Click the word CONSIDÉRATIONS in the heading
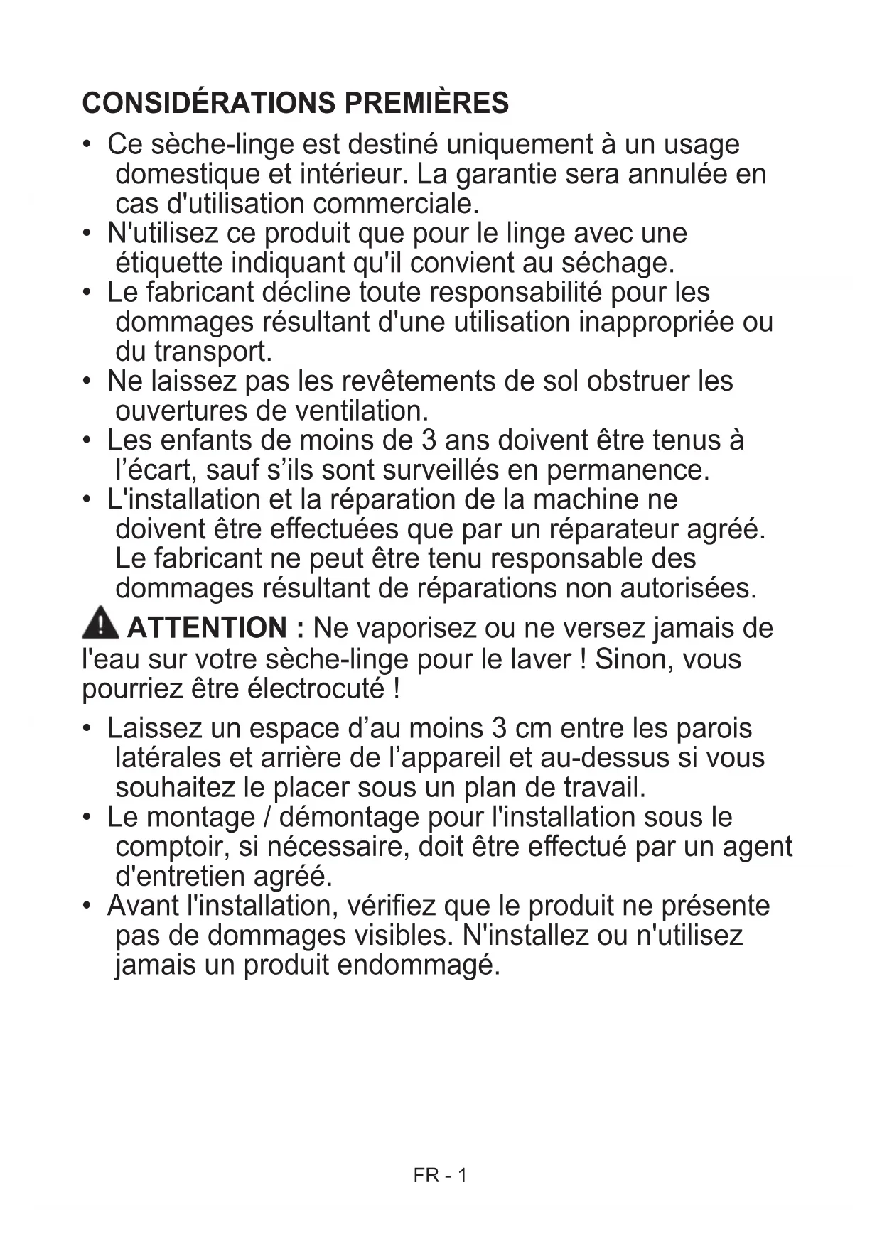point(208,103)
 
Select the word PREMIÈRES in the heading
point(426,103)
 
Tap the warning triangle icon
point(100,623)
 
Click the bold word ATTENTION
point(207,628)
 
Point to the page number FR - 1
point(440,1176)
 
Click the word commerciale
point(396,204)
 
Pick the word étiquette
point(169,264)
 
